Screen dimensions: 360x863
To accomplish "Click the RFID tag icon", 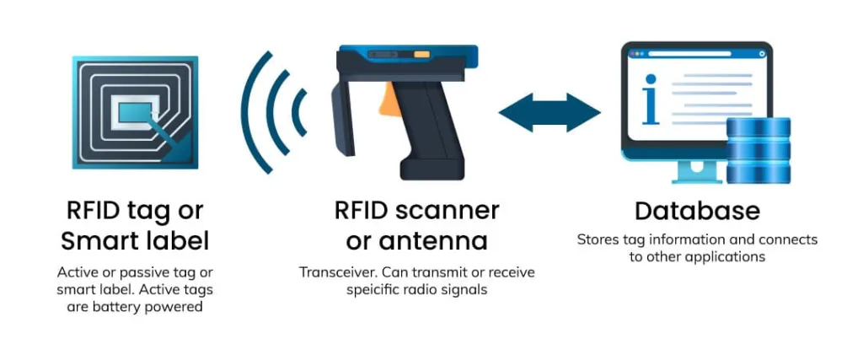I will click(x=135, y=112).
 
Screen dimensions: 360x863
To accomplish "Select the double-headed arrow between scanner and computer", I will click(x=549, y=112).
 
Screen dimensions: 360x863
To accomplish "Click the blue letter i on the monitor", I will click(x=650, y=99).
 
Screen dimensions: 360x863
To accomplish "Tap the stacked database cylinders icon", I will click(x=758, y=150).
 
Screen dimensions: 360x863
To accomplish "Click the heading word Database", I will click(x=697, y=210).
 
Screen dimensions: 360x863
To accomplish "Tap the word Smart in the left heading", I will click(x=100, y=241).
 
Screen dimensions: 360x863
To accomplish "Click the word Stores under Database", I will click(x=598, y=239).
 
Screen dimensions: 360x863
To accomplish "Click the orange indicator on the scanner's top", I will click(x=420, y=56).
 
